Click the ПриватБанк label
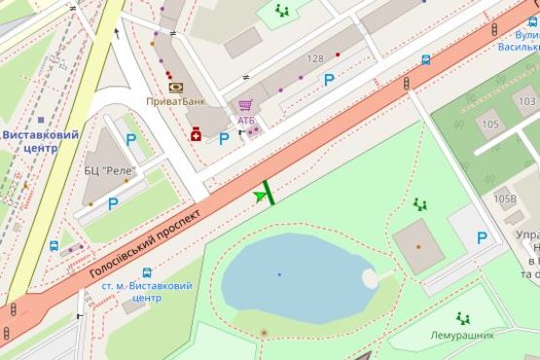(x=175, y=101)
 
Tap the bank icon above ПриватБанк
(x=175, y=87)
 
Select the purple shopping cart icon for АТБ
(x=246, y=105)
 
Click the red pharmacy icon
(x=196, y=134)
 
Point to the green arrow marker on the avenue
(x=260, y=196)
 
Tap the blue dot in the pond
(x=279, y=274)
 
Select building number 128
(x=314, y=59)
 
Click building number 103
(x=526, y=101)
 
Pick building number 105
(x=488, y=125)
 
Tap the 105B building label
(x=505, y=198)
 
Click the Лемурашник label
(x=462, y=335)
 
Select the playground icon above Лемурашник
(x=463, y=318)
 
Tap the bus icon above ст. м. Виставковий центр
(x=147, y=272)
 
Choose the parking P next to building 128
(x=329, y=80)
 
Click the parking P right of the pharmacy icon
(x=224, y=138)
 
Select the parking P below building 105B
(x=482, y=237)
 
